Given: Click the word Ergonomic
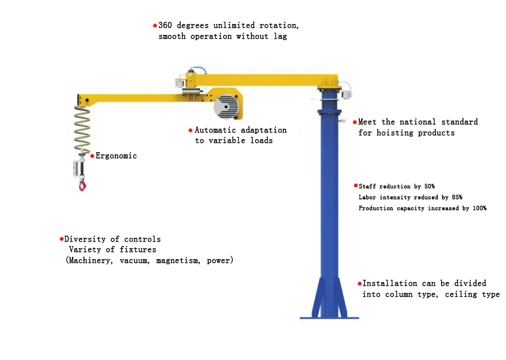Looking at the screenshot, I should click(x=116, y=156).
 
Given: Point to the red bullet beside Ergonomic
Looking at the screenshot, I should click(x=92, y=156).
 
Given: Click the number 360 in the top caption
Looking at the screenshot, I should click(x=165, y=26).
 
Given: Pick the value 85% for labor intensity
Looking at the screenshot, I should click(x=455, y=197).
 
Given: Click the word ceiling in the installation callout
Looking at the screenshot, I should click(x=463, y=295).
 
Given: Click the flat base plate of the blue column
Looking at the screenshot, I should click(x=329, y=317).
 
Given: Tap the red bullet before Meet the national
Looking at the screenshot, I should click(x=354, y=122).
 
